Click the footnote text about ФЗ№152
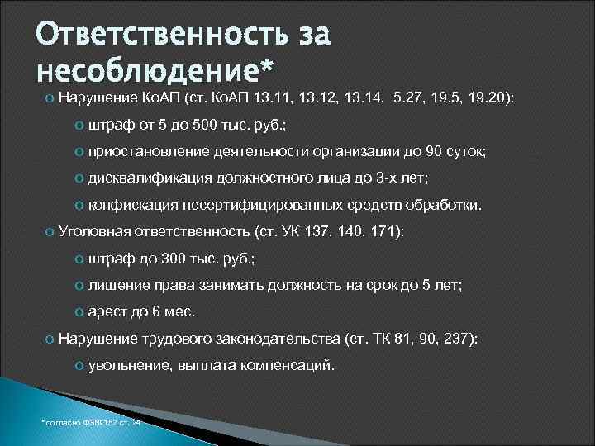coord(91,422)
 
